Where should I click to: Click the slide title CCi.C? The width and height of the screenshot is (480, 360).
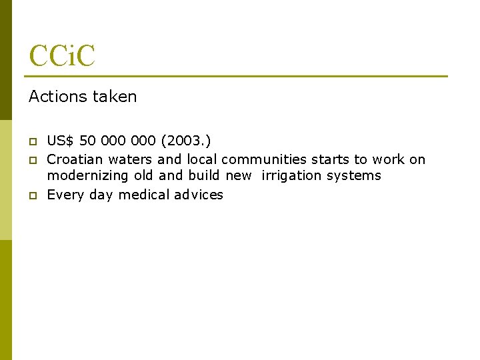(62, 55)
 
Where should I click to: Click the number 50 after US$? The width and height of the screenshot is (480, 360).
(87, 141)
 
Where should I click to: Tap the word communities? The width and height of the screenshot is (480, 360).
(264, 159)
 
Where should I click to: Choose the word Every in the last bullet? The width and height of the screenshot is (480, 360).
(64, 195)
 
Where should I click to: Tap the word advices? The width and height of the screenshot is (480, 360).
(199, 195)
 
